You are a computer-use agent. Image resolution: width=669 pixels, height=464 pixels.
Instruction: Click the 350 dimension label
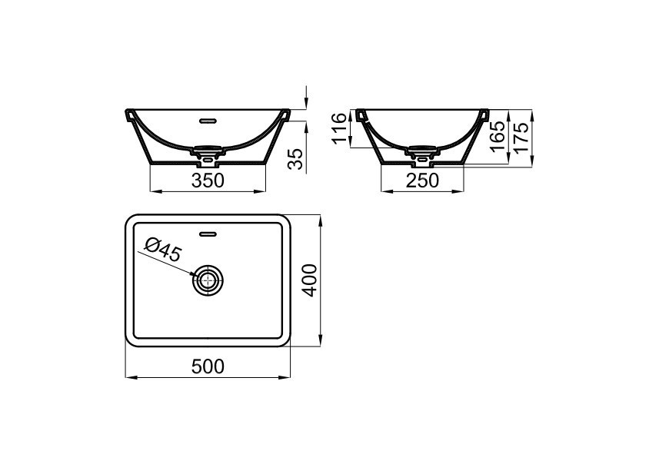click(208, 181)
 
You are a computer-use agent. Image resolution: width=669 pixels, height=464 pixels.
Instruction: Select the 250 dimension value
click(422, 181)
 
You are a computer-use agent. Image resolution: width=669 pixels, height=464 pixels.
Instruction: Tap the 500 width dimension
click(208, 366)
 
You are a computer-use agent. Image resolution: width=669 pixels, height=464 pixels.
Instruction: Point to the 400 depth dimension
click(310, 280)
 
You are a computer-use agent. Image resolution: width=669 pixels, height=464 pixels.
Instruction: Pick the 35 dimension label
click(295, 159)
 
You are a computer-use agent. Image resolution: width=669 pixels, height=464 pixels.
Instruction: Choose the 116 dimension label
click(341, 129)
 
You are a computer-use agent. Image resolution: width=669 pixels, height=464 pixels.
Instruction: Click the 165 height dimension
click(498, 136)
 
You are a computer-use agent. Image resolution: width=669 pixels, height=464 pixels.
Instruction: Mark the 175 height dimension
click(521, 136)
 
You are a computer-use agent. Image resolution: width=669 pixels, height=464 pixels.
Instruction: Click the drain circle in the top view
click(208, 280)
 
